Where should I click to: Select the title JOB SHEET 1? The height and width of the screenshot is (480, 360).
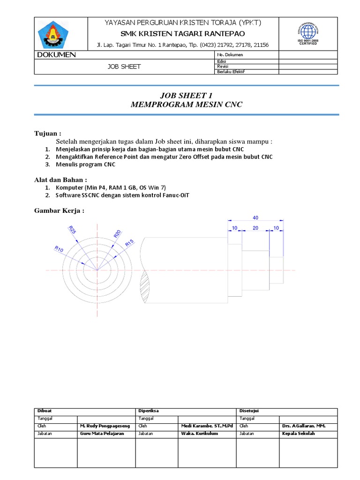tap(186, 96)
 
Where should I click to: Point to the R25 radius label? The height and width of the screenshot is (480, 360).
tap(72, 230)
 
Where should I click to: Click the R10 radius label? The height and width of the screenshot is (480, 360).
tap(59, 250)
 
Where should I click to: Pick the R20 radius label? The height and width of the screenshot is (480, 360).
tap(117, 234)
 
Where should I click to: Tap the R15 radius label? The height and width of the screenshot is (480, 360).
tap(129, 243)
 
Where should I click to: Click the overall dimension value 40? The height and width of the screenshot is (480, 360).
tap(255, 218)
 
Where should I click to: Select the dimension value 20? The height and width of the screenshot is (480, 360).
tap(255, 228)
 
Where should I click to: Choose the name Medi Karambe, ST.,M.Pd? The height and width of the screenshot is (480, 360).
tap(207, 426)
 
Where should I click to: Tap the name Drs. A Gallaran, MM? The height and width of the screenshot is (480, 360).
tap(303, 426)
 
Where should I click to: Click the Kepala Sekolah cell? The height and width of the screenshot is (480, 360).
tap(299, 434)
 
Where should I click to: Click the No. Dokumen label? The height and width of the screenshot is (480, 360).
tap(230, 55)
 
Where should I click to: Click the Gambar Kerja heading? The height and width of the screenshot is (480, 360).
tap(60, 210)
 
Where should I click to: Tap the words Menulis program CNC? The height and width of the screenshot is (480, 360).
tap(86, 165)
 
